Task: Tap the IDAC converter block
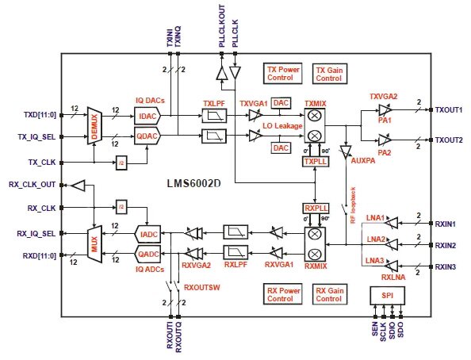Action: (148, 117)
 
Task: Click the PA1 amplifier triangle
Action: (386, 116)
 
